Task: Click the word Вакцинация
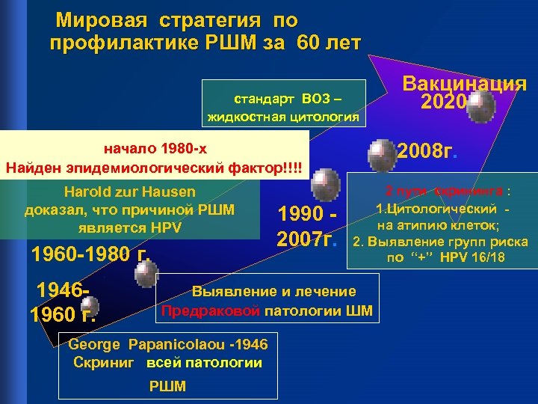coord(465,84)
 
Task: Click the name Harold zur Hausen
coord(130,192)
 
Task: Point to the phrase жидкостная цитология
coord(283,117)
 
